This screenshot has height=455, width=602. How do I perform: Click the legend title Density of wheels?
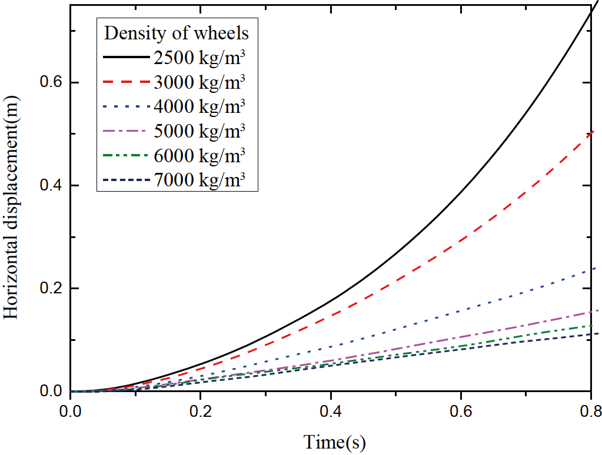coord(177,34)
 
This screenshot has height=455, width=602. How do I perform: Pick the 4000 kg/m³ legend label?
coord(199,106)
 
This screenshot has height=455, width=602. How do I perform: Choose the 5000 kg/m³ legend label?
coord(199,131)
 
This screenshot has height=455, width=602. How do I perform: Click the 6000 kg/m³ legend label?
coord(199,156)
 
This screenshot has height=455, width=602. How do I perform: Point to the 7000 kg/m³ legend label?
coord(199,180)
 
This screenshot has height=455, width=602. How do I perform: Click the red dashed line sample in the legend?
coord(126,82)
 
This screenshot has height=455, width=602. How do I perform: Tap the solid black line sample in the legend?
coord(126,58)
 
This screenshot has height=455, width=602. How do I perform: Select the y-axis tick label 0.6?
coord(51,82)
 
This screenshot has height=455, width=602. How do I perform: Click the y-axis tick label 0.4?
coord(51,186)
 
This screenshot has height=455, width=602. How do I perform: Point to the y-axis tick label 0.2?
coord(51,289)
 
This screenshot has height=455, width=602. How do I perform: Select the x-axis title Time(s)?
coord(334,441)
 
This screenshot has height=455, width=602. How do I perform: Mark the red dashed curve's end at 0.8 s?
coord(591,132)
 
